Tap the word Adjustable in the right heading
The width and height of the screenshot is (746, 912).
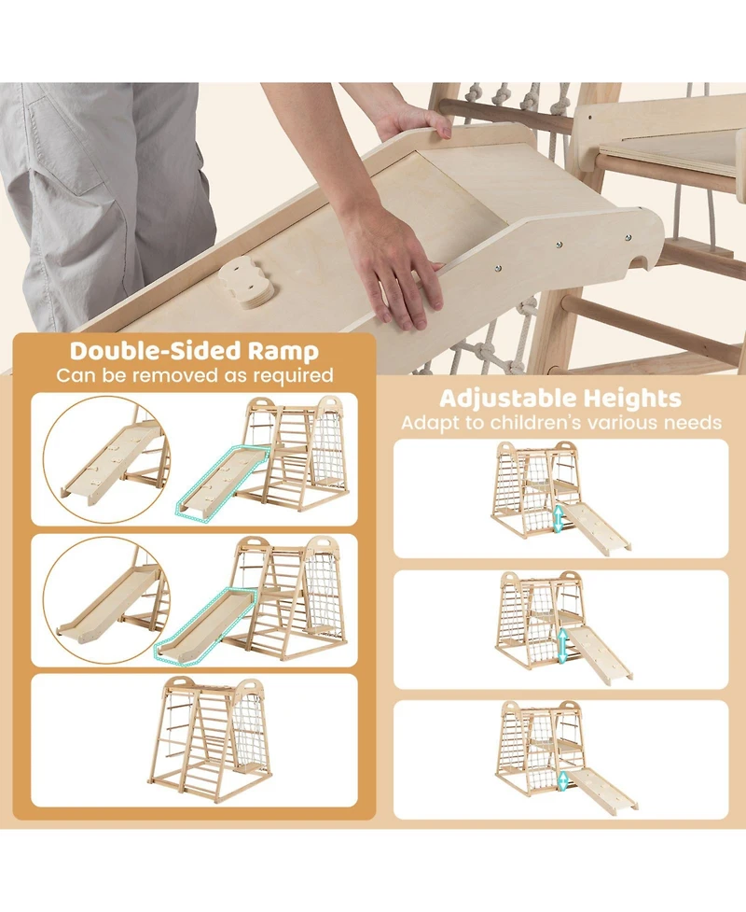[510, 399]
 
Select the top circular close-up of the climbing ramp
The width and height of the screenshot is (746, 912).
[105, 459]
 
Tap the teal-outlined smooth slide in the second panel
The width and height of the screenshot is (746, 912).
[205, 624]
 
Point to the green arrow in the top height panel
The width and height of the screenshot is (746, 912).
[558, 519]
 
